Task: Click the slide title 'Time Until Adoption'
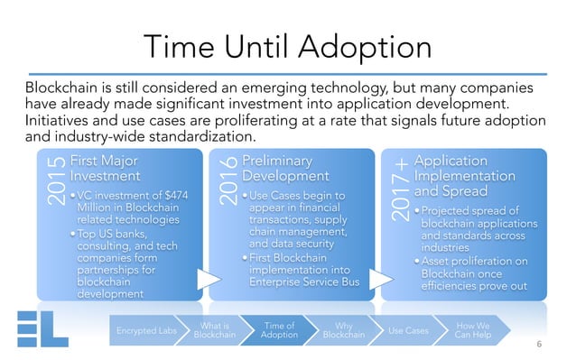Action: click(288, 44)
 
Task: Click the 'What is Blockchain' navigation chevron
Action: click(215, 331)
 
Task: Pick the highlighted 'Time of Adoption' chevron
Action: click(278, 331)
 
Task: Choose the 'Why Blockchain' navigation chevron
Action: click(343, 331)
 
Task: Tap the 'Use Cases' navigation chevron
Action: click(407, 331)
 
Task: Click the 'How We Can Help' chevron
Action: click(472, 331)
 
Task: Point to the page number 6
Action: click(539, 344)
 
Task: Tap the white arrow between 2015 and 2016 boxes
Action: click(206, 281)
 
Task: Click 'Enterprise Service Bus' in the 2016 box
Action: click(303, 283)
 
